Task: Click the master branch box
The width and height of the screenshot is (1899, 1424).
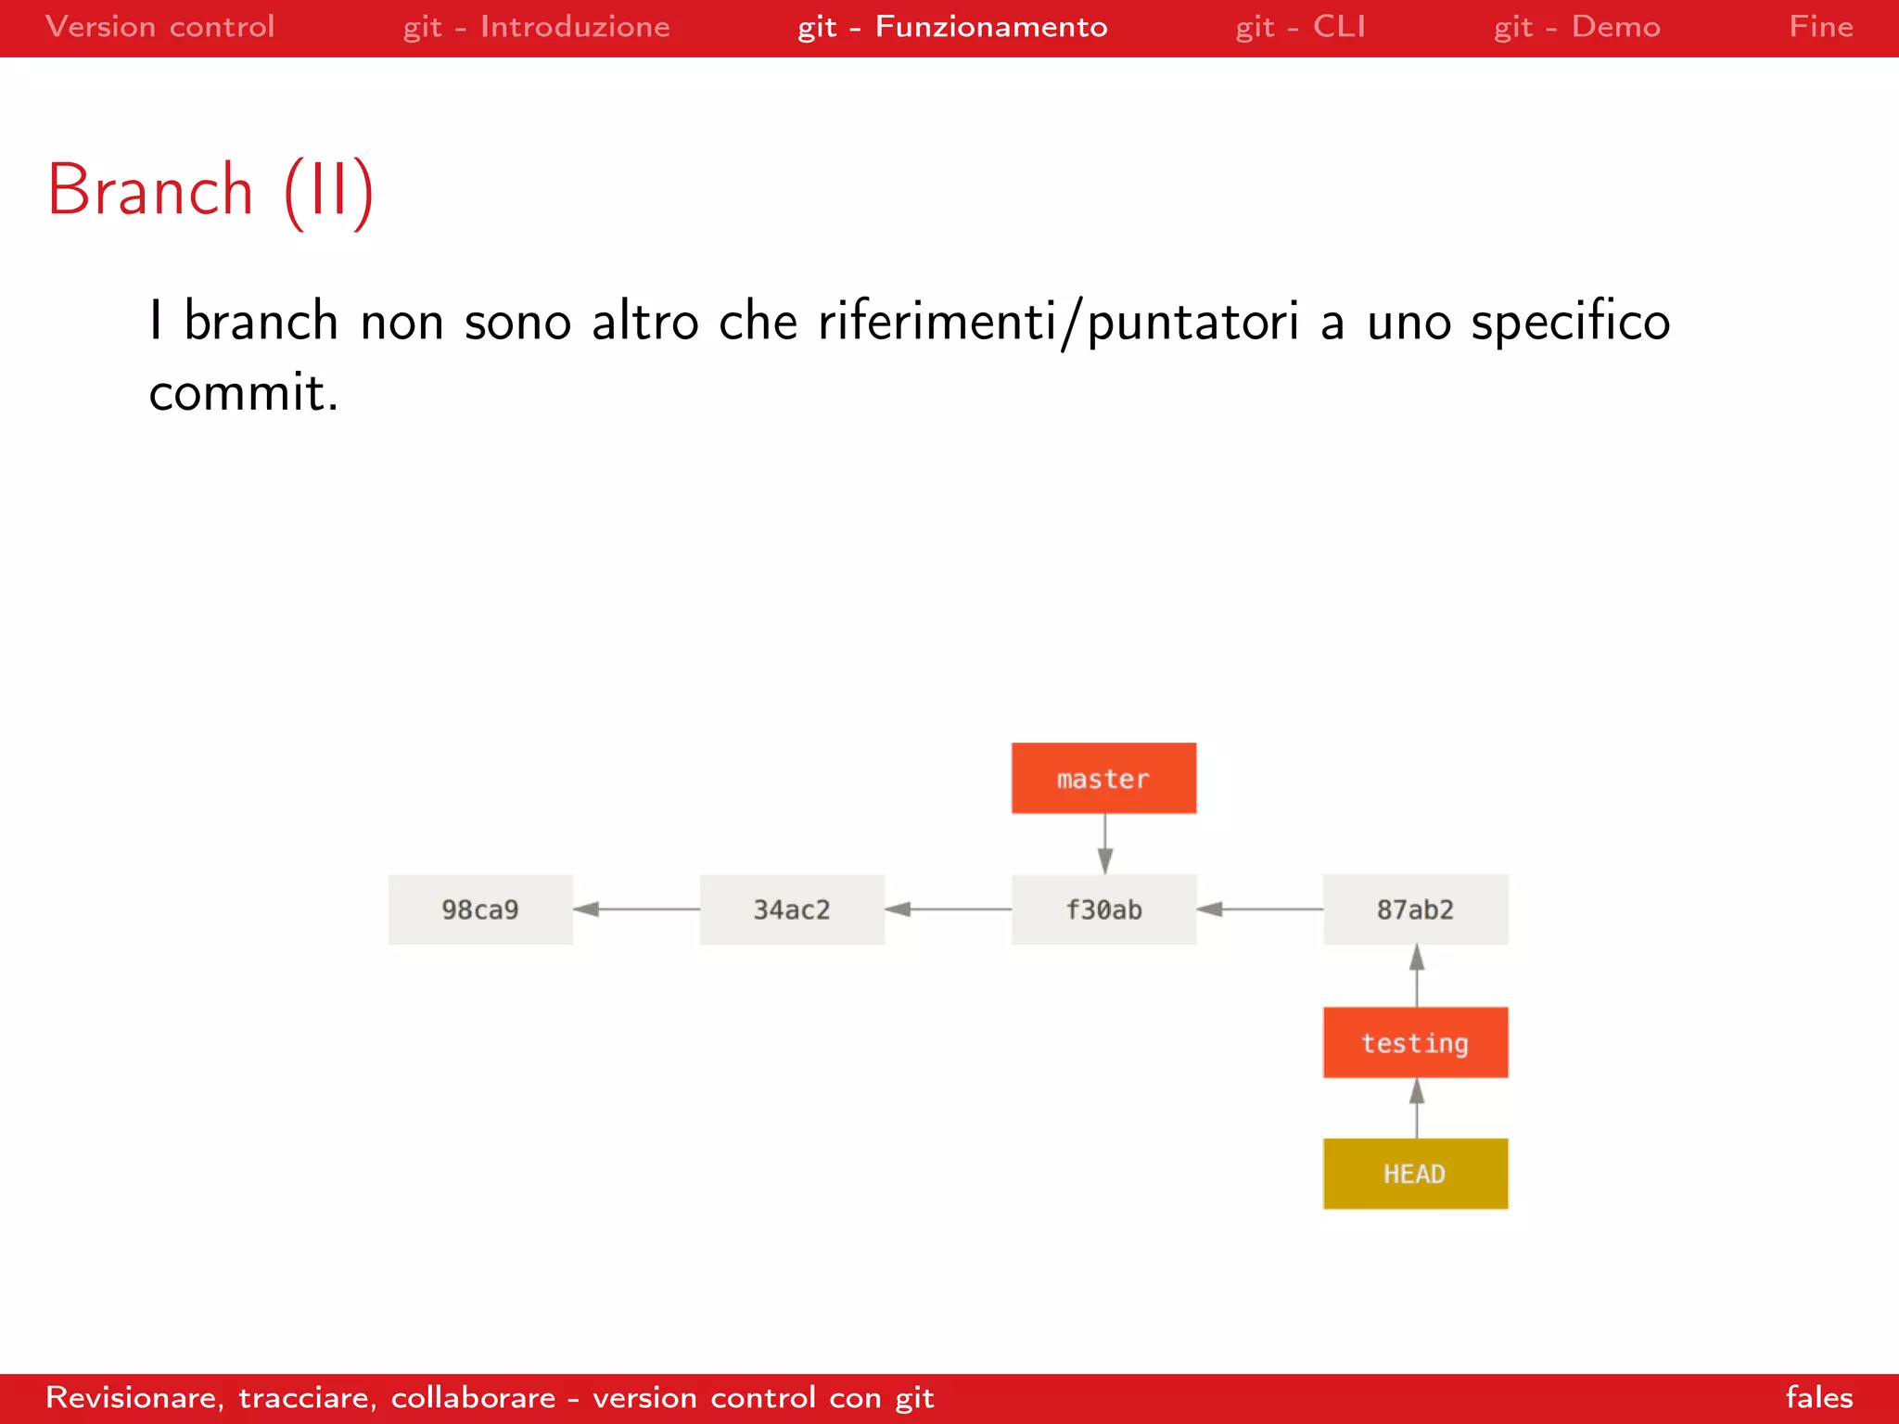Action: point(1103,778)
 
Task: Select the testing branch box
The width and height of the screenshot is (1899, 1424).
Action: point(1415,1042)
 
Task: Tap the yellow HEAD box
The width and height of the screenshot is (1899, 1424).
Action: point(1415,1174)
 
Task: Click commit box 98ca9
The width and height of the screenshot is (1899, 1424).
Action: point(480,909)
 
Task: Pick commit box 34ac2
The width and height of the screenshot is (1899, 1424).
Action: point(792,909)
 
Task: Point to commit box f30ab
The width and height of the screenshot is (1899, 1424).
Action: point(1103,909)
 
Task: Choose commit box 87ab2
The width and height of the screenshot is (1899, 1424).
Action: point(1415,909)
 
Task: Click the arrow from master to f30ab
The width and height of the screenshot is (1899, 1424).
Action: point(1104,844)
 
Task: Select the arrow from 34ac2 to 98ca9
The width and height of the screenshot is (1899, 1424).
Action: point(636,909)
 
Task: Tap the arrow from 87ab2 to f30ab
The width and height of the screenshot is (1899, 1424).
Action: point(1259,909)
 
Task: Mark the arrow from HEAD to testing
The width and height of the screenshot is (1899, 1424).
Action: point(1416,1109)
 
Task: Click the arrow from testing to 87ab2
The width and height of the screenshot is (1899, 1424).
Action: point(1416,976)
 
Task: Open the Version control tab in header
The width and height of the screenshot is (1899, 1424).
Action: point(159,27)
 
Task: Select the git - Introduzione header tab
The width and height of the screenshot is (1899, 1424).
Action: point(536,27)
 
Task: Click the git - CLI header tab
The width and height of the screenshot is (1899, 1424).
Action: point(1300,27)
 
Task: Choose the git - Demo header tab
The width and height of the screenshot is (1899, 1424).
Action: point(1576,27)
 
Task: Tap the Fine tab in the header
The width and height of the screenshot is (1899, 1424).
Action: point(1820,27)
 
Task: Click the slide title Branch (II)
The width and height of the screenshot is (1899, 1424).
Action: point(211,190)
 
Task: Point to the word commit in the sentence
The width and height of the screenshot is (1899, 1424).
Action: point(243,393)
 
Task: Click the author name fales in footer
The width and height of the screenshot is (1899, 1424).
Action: point(1818,1397)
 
